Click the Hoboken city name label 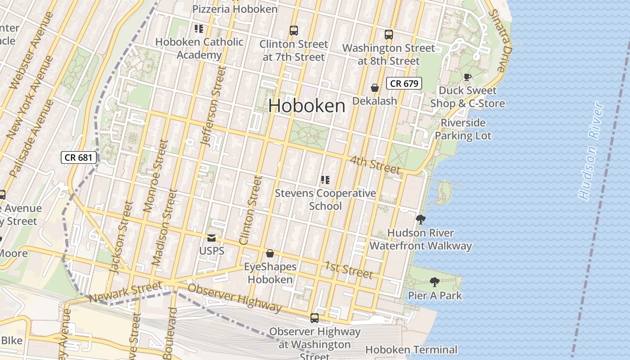(307, 106)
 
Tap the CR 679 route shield (404, 83)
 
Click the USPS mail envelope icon (211, 238)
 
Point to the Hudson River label (591, 151)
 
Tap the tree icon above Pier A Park (434, 282)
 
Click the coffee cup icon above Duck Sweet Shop (468, 77)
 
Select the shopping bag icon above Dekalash (374, 88)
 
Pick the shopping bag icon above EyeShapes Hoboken (270, 253)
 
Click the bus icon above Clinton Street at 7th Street (293, 31)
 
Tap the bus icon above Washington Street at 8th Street (388, 34)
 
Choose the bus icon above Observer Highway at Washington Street (315, 318)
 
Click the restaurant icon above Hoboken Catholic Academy (199, 29)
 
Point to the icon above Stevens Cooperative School (325, 180)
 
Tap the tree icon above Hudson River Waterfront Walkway (421, 220)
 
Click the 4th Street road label (375, 165)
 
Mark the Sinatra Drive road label (500, 40)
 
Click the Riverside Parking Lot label (463, 129)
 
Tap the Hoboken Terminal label (411, 350)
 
